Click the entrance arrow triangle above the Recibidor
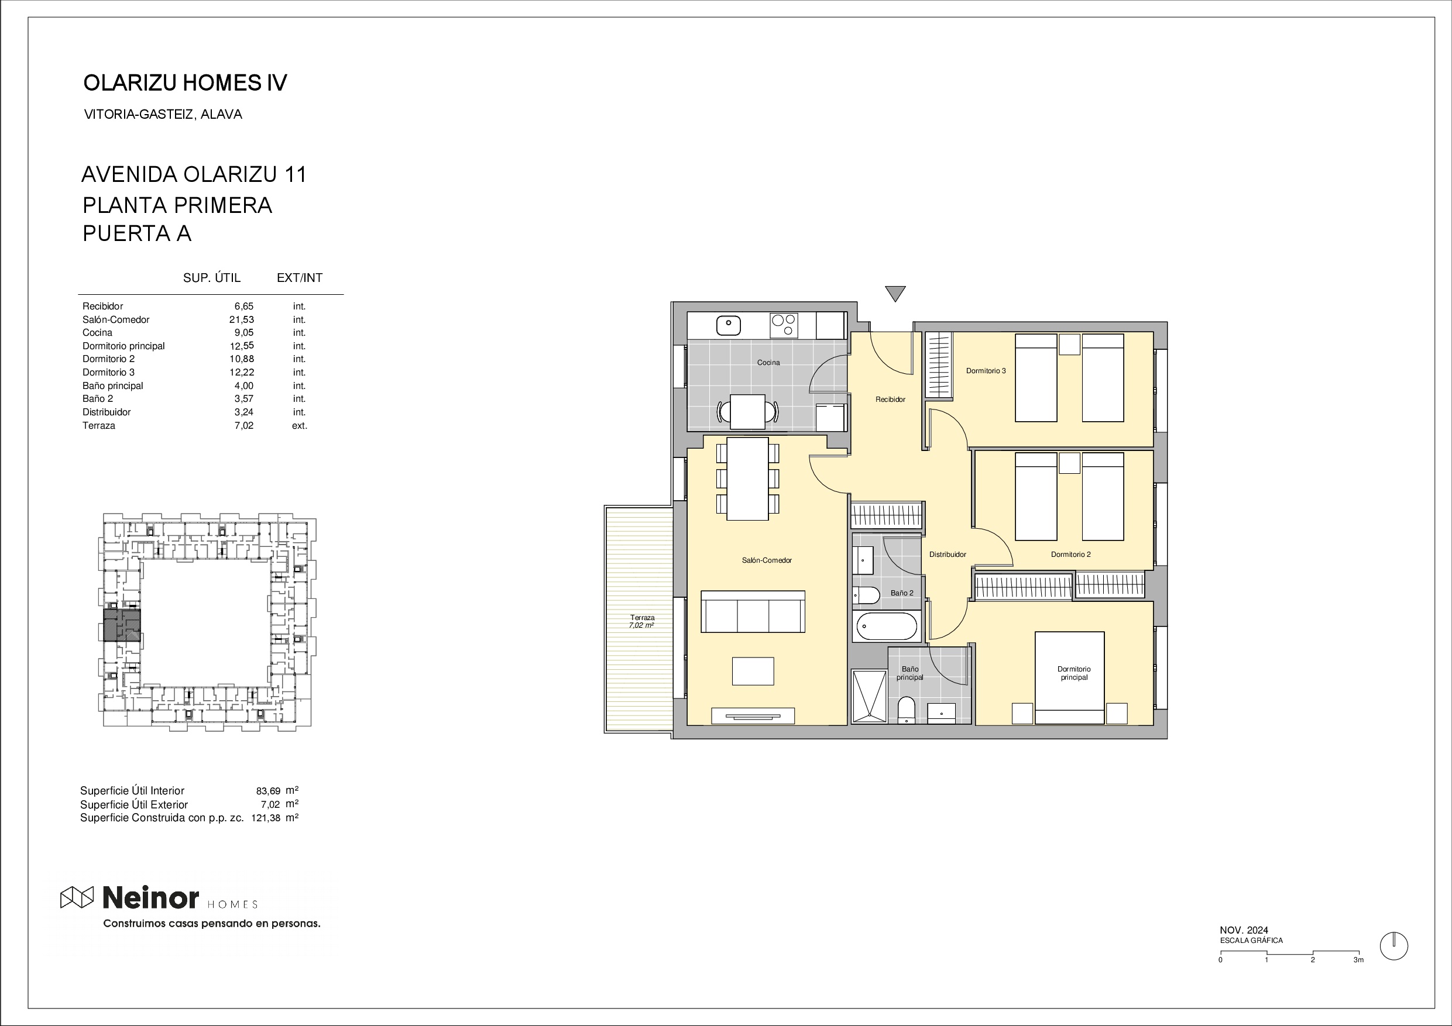click(895, 293)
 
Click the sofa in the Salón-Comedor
click(753, 611)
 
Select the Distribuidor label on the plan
click(948, 555)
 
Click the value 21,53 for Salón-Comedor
click(242, 319)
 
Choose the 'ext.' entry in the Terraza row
click(299, 425)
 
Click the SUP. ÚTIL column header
click(212, 277)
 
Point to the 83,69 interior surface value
click(268, 791)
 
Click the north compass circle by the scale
click(1394, 946)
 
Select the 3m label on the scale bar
click(1358, 960)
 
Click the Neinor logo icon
click(77, 897)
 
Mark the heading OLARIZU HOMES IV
click(186, 83)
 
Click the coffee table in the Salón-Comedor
click(753, 671)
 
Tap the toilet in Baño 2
click(866, 595)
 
